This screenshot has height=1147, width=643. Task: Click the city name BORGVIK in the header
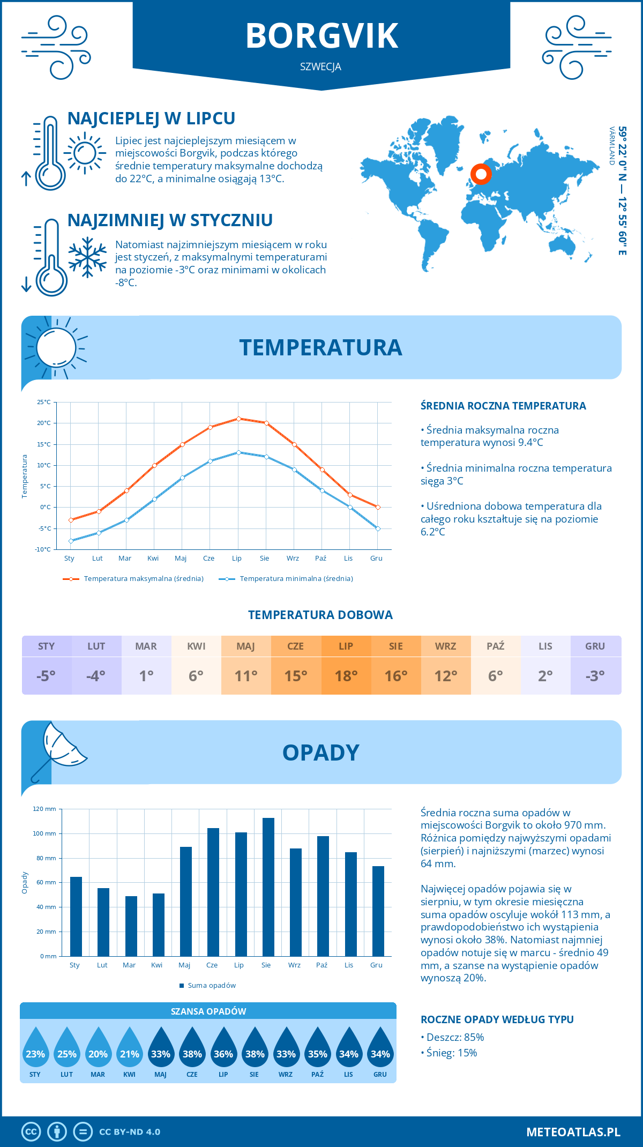click(x=322, y=36)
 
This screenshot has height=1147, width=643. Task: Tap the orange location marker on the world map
click(x=481, y=174)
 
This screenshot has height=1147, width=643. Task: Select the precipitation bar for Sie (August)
click(x=268, y=887)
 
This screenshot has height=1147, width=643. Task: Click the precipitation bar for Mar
click(x=131, y=926)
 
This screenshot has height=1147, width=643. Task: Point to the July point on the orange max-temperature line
click(x=238, y=419)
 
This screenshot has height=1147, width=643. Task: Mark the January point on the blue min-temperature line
click(x=71, y=541)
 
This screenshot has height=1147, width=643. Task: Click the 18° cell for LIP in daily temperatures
click(x=346, y=676)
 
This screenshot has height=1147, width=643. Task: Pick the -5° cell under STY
click(x=46, y=676)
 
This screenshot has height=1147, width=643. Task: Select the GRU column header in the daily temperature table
click(x=595, y=646)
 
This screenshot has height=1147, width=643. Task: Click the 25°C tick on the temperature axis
click(x=44, y=402)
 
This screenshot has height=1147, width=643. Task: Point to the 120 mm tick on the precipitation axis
click(x=44, y=809)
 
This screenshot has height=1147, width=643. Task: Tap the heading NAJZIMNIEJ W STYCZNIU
click(x=170, y=220)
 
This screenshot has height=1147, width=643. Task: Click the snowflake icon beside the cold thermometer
click(x=87, y=257)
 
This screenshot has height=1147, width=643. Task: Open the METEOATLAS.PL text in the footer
click(x=573, y=1132)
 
